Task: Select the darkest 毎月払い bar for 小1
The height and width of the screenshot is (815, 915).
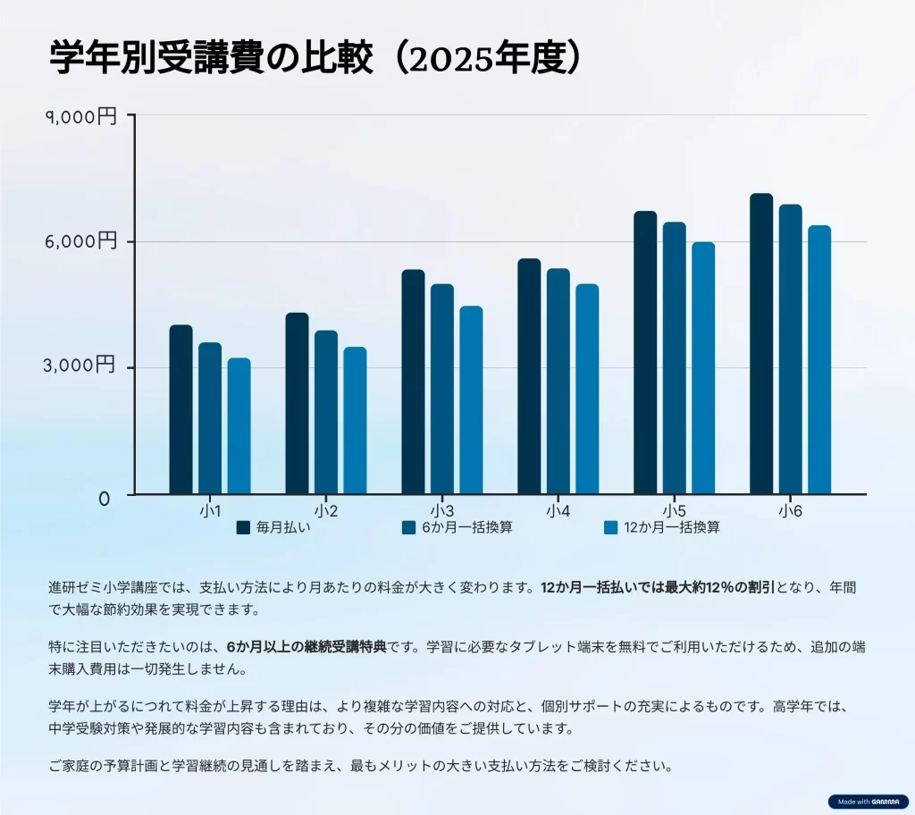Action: click(180, 408)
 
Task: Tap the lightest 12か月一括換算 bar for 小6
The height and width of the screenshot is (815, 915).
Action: click(819, 359)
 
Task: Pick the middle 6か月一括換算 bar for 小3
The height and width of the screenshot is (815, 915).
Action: click(442, 389)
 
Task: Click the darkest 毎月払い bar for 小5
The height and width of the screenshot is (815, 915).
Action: click(645, 352)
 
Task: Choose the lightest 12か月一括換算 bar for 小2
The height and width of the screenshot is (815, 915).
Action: click(355, 420)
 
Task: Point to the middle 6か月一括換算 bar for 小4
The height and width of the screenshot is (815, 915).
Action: click(558, 381)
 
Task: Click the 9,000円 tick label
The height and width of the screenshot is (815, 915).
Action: click(81, 116)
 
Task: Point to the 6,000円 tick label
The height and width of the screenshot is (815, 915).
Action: click(81, 241)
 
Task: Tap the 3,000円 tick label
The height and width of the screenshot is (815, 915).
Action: click(81, 365)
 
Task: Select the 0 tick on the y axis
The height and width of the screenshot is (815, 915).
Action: click(105, 499)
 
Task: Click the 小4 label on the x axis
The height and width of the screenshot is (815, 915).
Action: click(558, 511)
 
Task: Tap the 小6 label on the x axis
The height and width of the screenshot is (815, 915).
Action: click(790, 511)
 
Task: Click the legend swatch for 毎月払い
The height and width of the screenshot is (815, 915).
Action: click(243, 527)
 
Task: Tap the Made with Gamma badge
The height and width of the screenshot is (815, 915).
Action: click(868, 802)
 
